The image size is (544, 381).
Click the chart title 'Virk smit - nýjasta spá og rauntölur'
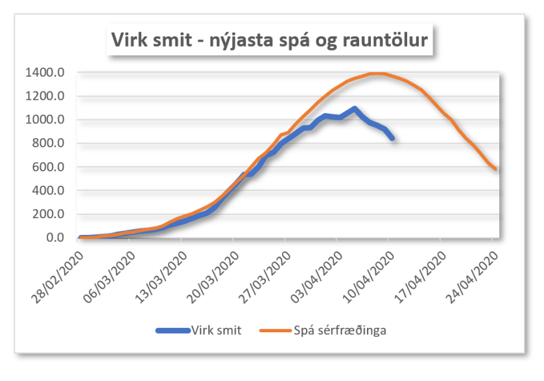[270, 40]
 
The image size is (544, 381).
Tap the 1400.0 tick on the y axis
[45, 73]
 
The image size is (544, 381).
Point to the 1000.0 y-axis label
[45, 120]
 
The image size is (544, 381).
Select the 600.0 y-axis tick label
[47, 167]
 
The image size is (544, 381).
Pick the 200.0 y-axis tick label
[47, 214]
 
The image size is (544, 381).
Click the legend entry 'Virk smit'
[217, 330]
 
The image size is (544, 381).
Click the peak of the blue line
[354, 108]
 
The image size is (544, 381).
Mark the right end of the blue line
[392, 138]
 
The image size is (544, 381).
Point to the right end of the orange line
[496, 169]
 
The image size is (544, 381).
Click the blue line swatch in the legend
[172, 330]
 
